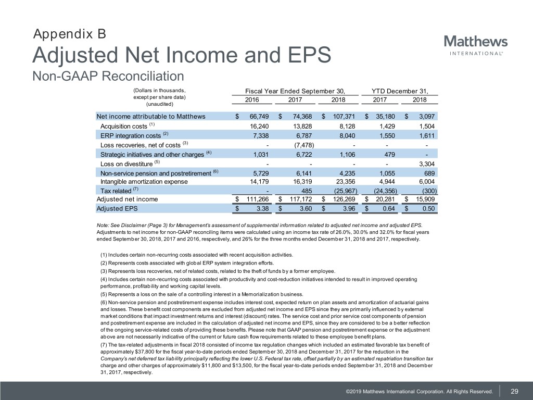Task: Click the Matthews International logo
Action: click(476, 45)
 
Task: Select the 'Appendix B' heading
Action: click(69, 34)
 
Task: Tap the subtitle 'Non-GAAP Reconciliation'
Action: click(108, 77)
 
